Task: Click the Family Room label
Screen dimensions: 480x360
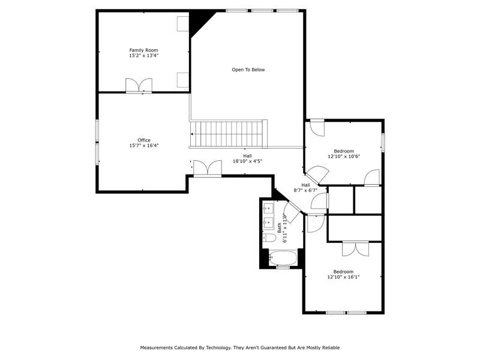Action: tap(143, 50)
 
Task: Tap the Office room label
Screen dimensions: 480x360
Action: tap(144, 140)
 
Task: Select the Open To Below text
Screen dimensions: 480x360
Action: tap(248, 70)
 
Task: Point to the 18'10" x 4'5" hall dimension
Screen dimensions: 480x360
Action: tap(248, 161)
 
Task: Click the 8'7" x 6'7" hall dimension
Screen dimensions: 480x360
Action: tap(305, 190)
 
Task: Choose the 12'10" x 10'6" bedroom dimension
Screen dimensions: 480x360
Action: tap(344, 157)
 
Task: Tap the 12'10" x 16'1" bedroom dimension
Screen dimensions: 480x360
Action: tap(343, 277)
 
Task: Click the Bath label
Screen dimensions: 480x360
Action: tap(280, 227)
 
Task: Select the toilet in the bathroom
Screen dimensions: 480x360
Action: tap(269, 237)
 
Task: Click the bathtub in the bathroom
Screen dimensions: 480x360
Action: tap(283, 258)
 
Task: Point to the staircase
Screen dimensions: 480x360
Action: tap(229, 134)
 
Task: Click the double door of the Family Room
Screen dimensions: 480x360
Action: tap(139, 85)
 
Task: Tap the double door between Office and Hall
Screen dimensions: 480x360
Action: tap(208, 168)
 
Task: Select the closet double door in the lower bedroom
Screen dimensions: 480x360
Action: tap(355, 248)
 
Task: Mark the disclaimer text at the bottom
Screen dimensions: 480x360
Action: tap(240, 347)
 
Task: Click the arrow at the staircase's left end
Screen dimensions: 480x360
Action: tap(192, 134)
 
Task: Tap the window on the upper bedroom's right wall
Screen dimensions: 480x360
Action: tap(383, 142)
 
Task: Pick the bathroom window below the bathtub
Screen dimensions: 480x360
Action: tap(283, 268)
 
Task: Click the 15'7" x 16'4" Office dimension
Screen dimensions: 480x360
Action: tap(144, 146)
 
